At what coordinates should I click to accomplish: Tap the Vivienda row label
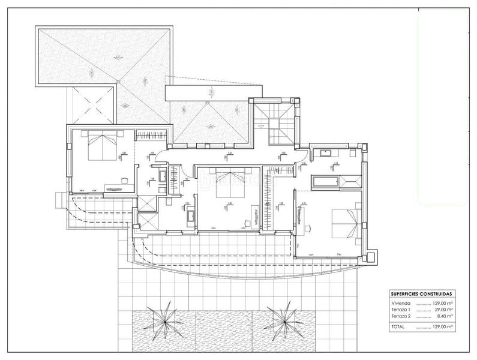click(x=400, y=304)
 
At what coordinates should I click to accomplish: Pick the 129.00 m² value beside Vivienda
click(x=440, y=304)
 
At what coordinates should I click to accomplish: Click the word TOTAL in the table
click(x=398, y=327)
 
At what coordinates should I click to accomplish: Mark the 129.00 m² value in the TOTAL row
click(x=440, y=327)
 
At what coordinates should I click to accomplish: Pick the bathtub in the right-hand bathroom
click(x=324, y=181)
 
